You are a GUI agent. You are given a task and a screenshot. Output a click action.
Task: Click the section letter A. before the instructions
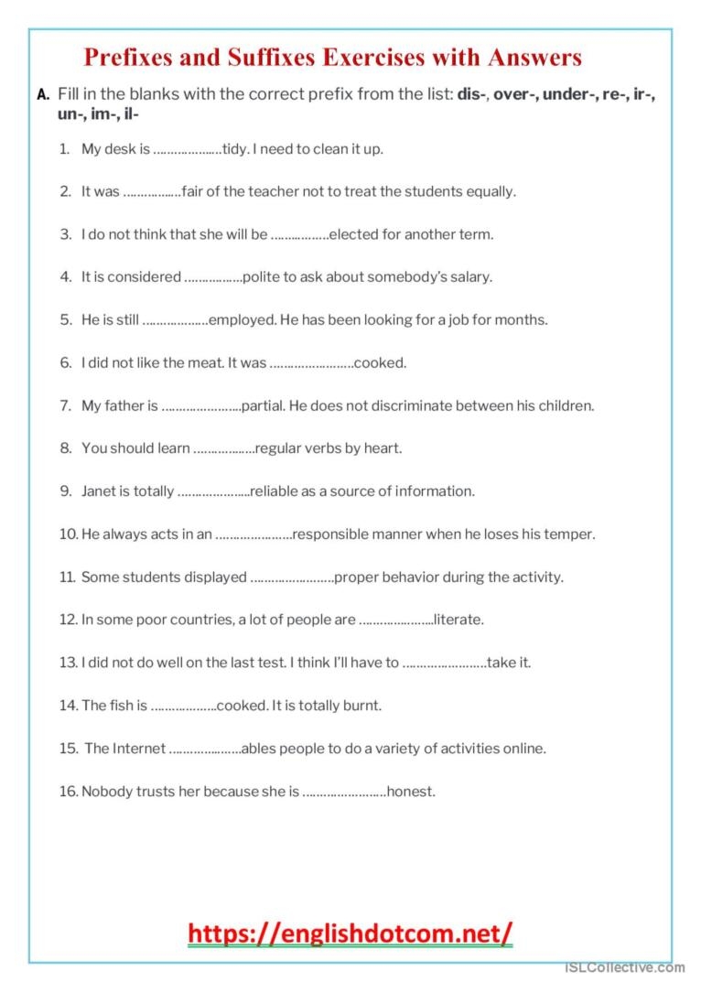point(43,95)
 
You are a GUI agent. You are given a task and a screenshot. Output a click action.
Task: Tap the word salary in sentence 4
point(468,277)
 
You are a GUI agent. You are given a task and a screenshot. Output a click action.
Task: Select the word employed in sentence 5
point(243,320)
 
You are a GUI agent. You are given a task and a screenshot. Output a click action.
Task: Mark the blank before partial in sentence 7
point(201,406)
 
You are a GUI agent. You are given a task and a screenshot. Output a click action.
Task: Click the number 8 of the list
point(66,448)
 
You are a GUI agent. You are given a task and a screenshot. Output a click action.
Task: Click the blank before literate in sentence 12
point(395,620)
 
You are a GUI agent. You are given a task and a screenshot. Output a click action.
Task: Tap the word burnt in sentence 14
point(362,706)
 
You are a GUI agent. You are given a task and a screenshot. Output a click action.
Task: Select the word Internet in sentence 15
point(139,749)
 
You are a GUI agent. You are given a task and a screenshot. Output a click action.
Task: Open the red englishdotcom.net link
point(350,933)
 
